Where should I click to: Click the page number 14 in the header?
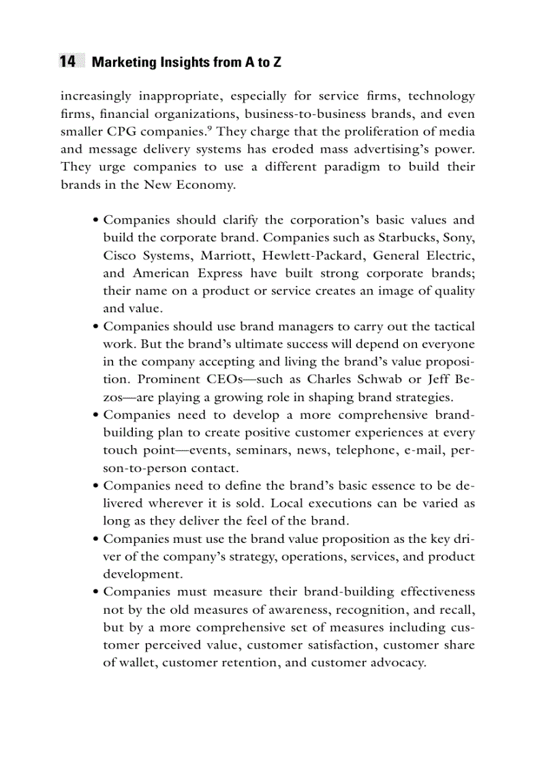coord(67,62)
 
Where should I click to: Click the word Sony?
coord(458,238)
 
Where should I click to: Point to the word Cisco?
coord(120,255)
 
